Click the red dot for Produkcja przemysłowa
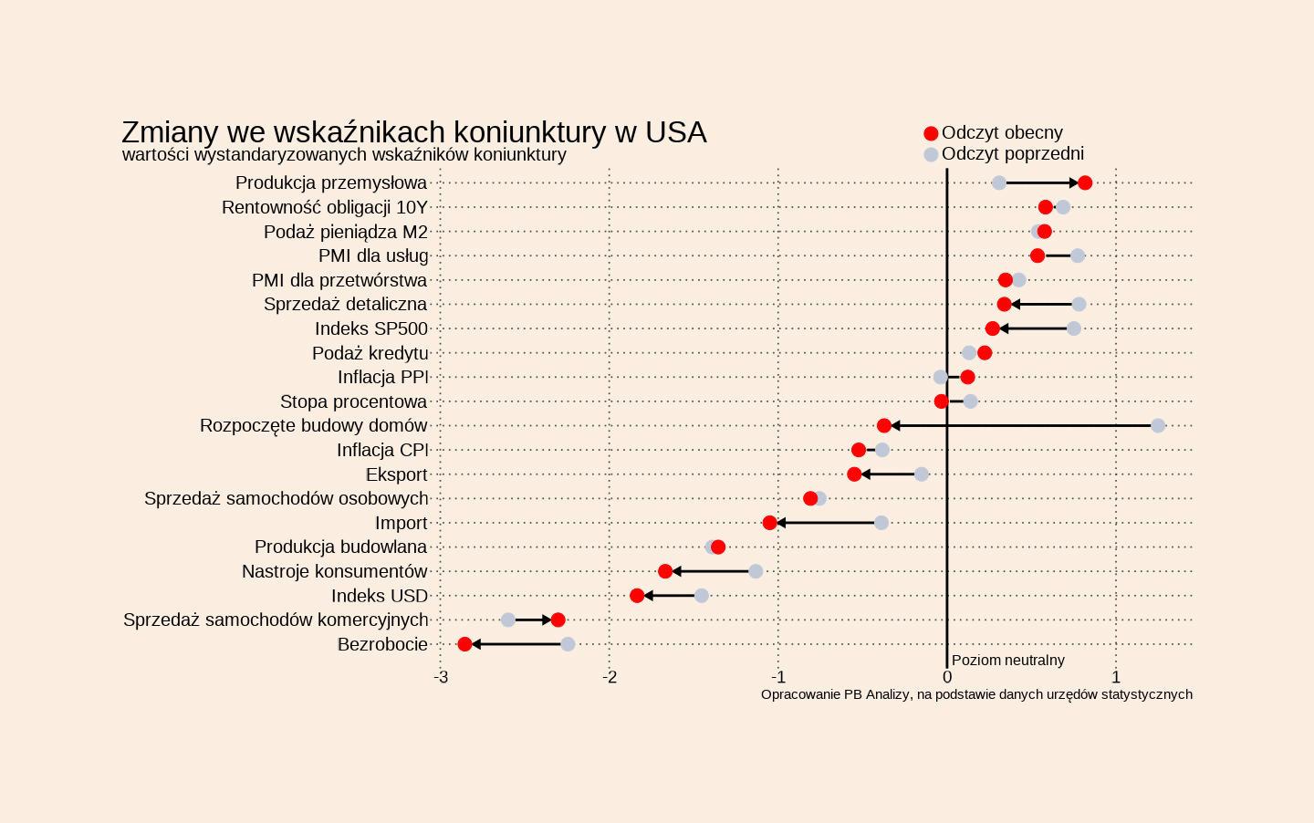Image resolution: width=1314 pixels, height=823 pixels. tap(1085, 183)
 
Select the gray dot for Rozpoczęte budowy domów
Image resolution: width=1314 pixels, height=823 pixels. tap(1158, 426)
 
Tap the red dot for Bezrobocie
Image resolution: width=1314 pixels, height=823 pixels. tap(464, 644)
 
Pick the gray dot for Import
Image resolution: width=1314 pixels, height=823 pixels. tap(881, 523)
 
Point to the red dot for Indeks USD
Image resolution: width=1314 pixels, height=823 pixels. tap(637, 596)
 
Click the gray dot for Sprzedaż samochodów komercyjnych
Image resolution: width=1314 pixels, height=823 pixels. tap(508, 620)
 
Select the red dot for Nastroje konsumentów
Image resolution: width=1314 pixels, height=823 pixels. tap(665, 571)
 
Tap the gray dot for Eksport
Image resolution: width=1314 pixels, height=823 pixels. tap(922, 474)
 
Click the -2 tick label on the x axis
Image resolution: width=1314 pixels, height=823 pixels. tap(610, 677)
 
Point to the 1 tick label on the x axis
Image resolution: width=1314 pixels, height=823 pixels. tap(1116, 677)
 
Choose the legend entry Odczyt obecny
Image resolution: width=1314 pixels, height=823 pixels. tap(1002, 133)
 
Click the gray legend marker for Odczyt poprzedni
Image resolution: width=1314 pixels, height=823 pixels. tap(931, 155)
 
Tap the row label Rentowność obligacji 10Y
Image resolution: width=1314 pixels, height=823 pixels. tap(324, 208)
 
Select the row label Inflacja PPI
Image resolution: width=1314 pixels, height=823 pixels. tap(382, 378)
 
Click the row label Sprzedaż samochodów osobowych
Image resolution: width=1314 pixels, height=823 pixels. tap(286, 499)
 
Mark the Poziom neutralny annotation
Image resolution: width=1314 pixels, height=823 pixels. tap(1007, 661)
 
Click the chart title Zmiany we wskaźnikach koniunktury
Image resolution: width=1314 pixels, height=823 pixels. tap(413, 132)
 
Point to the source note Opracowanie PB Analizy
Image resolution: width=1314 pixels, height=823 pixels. tap(976, 694)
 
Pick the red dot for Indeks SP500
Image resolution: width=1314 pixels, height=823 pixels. tap(993, 328)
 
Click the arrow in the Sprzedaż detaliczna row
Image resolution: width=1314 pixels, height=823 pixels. tap(1041, 305)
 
